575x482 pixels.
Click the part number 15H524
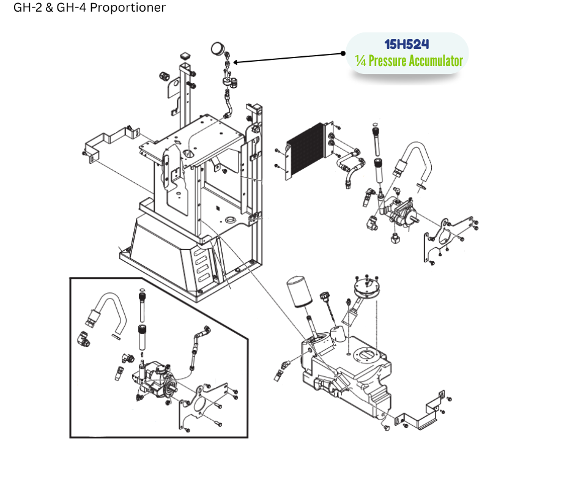[407, 45]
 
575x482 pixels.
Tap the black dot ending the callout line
[343, 53]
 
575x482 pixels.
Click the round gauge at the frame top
[216, 48]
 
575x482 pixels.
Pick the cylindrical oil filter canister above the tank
[300, 294]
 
